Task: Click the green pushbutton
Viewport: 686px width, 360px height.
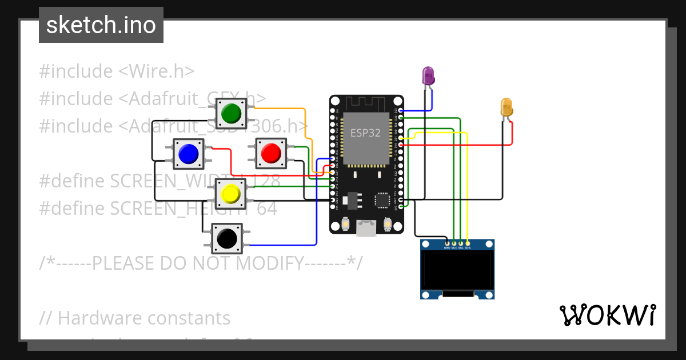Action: coord(231,112)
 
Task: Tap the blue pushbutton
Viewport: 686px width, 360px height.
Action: coord(189,153)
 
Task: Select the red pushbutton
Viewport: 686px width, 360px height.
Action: coord(270,153)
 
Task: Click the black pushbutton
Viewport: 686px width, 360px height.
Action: coord(228,238)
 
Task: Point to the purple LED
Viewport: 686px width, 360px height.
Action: coord(428,75)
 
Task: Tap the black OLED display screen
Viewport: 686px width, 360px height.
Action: coord(457,270)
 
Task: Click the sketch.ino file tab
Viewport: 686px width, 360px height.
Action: coord(101,25)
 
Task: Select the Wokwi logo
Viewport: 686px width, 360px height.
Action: coord(607,315)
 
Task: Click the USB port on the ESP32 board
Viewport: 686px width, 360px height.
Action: coord(366,229)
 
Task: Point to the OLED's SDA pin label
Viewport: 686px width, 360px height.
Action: coord(468,248)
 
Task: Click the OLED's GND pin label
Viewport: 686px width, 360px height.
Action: coord(447,248)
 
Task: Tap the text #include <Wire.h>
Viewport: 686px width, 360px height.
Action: coord(117,71)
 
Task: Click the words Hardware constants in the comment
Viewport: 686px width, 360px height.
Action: coord(144,318)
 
